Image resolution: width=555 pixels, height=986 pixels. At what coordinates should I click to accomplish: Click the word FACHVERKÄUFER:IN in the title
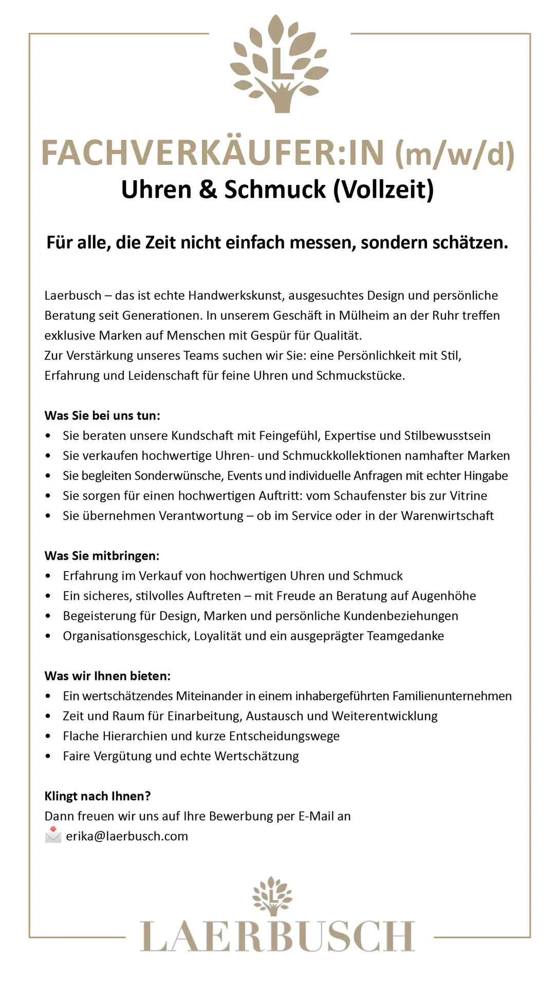213,153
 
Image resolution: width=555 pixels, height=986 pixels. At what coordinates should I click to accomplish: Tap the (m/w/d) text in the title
454,154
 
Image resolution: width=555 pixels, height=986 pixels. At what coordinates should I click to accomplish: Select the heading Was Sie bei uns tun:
102,415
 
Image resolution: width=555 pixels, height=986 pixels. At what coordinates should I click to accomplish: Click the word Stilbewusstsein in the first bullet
447,435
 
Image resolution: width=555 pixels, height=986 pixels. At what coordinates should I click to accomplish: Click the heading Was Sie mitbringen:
102,556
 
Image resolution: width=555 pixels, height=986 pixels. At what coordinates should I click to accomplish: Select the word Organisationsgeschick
126,636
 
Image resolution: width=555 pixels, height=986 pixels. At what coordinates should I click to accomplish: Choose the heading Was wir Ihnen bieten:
107,676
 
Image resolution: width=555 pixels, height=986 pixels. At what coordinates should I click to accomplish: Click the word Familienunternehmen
452,696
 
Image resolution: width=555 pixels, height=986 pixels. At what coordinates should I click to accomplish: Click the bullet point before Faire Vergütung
48,756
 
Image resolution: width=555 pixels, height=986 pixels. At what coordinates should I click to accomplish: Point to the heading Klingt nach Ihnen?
98,796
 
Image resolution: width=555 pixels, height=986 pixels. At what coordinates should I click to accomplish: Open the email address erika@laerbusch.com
127,836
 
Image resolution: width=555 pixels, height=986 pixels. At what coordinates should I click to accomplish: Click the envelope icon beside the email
53,836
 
